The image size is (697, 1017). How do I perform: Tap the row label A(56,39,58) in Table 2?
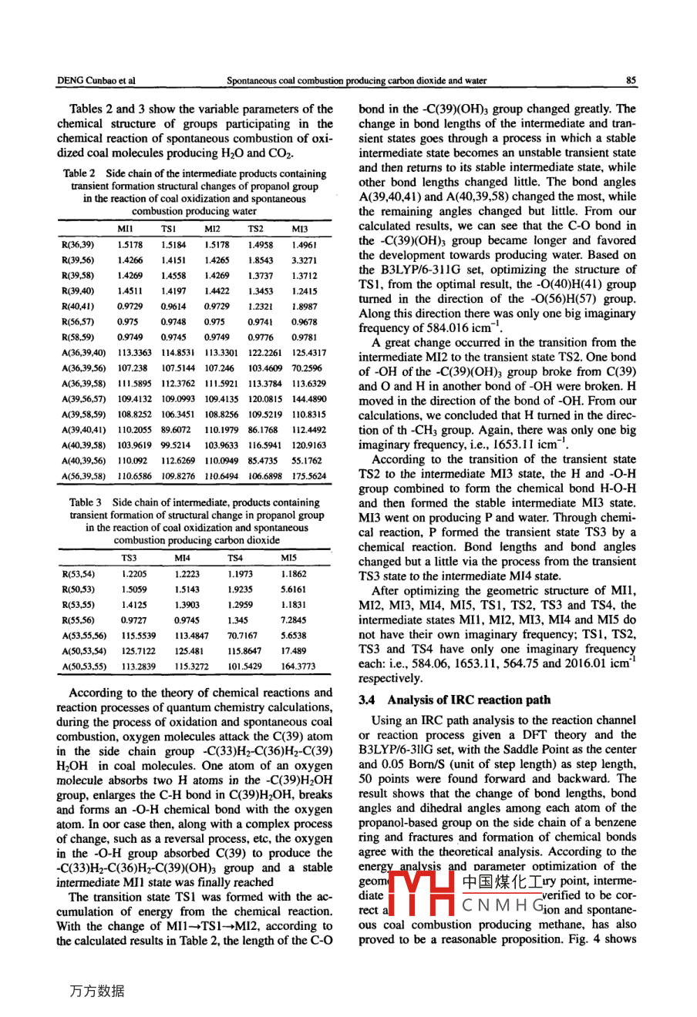(83, 476)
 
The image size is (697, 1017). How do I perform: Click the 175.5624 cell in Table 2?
(308, 476)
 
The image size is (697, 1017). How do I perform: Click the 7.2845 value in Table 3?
(293, 619)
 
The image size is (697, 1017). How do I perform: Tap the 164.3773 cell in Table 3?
(298, 666)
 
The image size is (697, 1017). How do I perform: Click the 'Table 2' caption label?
(80, 174)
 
